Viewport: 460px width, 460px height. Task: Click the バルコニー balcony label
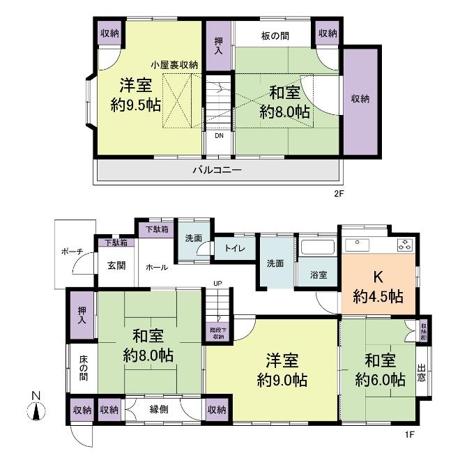click(x=217, y=170)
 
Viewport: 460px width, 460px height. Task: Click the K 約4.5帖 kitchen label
click(x=377, y=286)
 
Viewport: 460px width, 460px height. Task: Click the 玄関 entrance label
click(x=116, y=266)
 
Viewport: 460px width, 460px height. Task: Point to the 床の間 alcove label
click(x=83, y=370)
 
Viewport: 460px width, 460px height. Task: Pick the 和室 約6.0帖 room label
click(x=380, y=371)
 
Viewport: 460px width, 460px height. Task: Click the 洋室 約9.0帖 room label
click(x=282, y=371)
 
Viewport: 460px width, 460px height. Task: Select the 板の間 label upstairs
click(x=276, y=35)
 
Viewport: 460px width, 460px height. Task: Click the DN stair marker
click(x=219, y=136)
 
